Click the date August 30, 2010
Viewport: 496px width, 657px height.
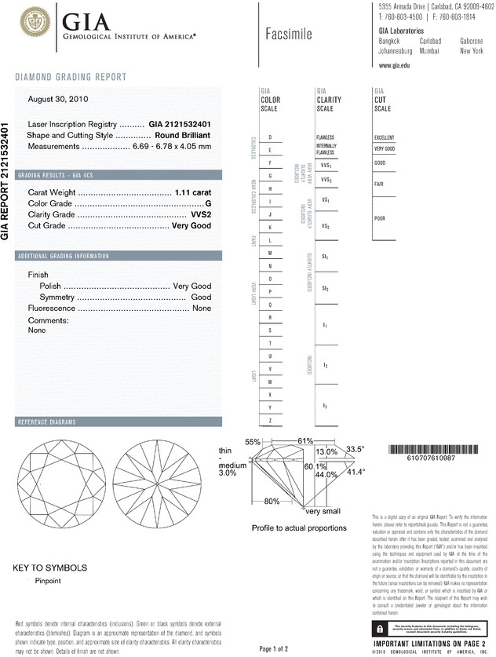(57, 99)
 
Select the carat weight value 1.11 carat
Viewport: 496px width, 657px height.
(191, 192)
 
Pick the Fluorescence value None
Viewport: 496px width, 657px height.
(202, 309)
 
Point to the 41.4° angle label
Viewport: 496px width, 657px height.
(356, 473)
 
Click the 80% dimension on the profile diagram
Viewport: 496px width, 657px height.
(272, 501)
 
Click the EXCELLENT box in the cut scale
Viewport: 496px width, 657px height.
(385, 137)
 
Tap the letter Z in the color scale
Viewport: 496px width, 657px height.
(270, 421)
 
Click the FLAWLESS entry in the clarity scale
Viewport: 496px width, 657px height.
(326, 137)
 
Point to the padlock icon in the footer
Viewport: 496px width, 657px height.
(380, 630)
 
